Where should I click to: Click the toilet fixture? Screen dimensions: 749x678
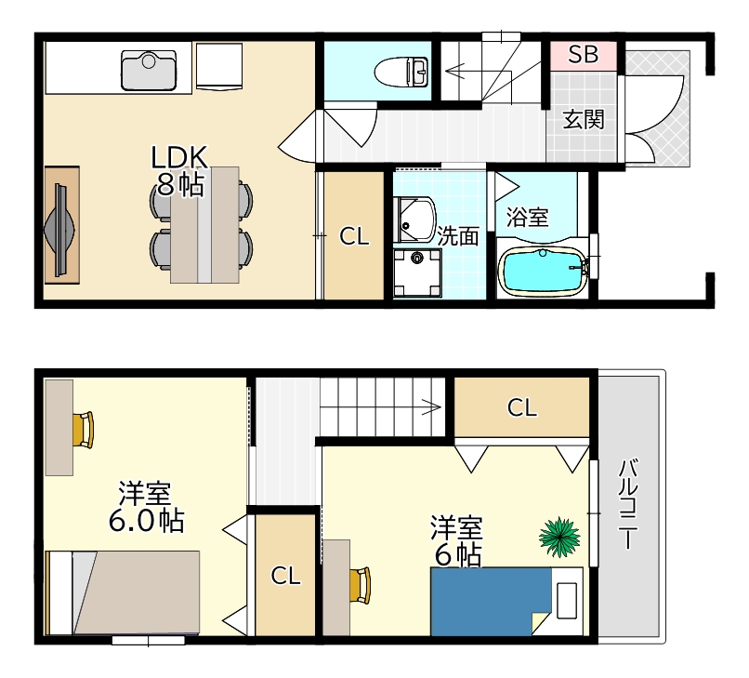click(401, 73)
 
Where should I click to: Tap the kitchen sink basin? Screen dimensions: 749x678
click(149, 71)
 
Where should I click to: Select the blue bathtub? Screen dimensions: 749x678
click(543, 270)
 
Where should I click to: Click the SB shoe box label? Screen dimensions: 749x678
click(583, 54)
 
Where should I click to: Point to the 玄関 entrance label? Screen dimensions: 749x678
click(584, 119)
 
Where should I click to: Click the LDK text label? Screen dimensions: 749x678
click(179, 157)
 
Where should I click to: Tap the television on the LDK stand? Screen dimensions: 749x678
click(59, 230)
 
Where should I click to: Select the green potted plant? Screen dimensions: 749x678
click(559, 537)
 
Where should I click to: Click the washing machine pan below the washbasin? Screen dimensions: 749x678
click(417, 273)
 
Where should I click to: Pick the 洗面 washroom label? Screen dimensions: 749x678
click(458, 235)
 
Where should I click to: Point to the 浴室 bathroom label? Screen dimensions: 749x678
click(527, 218)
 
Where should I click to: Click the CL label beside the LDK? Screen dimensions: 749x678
click(354, 236)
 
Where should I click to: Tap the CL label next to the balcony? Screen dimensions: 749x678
click(521, 408)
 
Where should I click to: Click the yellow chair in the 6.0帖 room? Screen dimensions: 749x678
click(84, 431)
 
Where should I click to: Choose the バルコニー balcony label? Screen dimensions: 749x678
click(628, 504)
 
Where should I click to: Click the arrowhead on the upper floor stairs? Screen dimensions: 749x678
click(431, 407)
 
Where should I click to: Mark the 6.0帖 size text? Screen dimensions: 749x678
click(146, 521)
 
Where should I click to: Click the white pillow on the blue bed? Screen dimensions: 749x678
click(568, 601)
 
